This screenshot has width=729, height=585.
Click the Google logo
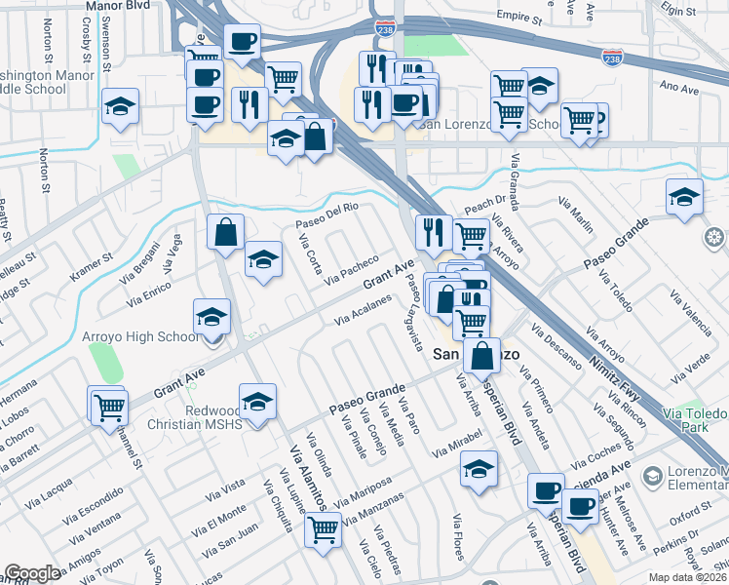pos(32,573)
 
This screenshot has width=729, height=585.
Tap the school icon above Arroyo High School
pos(211,316)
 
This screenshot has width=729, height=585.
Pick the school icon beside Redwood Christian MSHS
pos(257,401)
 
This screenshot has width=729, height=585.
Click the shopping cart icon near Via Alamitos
pos(323,530)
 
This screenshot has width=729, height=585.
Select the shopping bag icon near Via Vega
pos(225,233)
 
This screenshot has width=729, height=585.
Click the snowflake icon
pos(714,238)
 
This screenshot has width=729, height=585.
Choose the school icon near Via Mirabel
pos(478,468)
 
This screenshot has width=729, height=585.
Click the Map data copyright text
pos(687,577)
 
